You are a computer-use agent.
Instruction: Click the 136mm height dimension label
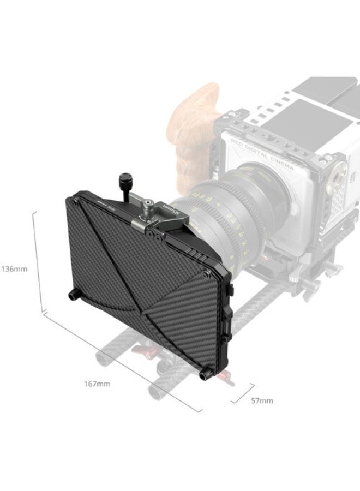[x=13, y=269]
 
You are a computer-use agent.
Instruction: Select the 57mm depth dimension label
[x=262, y=401]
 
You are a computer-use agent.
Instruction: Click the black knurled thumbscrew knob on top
[x=124, y=181]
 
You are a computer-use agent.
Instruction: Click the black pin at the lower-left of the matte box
[x=72, y=295]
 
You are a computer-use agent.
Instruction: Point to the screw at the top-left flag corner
[x=75, y=201]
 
